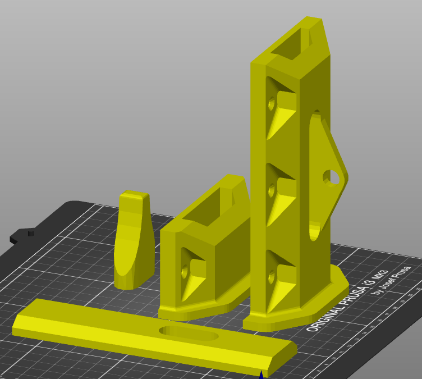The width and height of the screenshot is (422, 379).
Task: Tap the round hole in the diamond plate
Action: pos(332,177)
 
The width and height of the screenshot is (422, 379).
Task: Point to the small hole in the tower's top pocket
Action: pos(272,104)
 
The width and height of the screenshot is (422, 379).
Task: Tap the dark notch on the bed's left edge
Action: pos(29,232)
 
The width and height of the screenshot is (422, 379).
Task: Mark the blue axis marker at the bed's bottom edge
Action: pos(261,375)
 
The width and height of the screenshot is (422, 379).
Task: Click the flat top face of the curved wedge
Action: pos(135,196)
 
